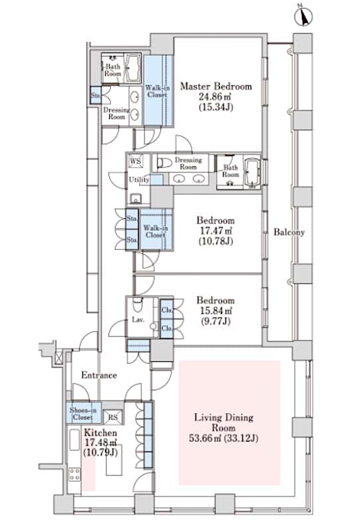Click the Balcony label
point(289,232)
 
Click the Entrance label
point(99,375)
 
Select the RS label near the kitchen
point(114,418)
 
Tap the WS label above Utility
point(136,162)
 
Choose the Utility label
point(139,180)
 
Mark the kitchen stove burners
point(74,476)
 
